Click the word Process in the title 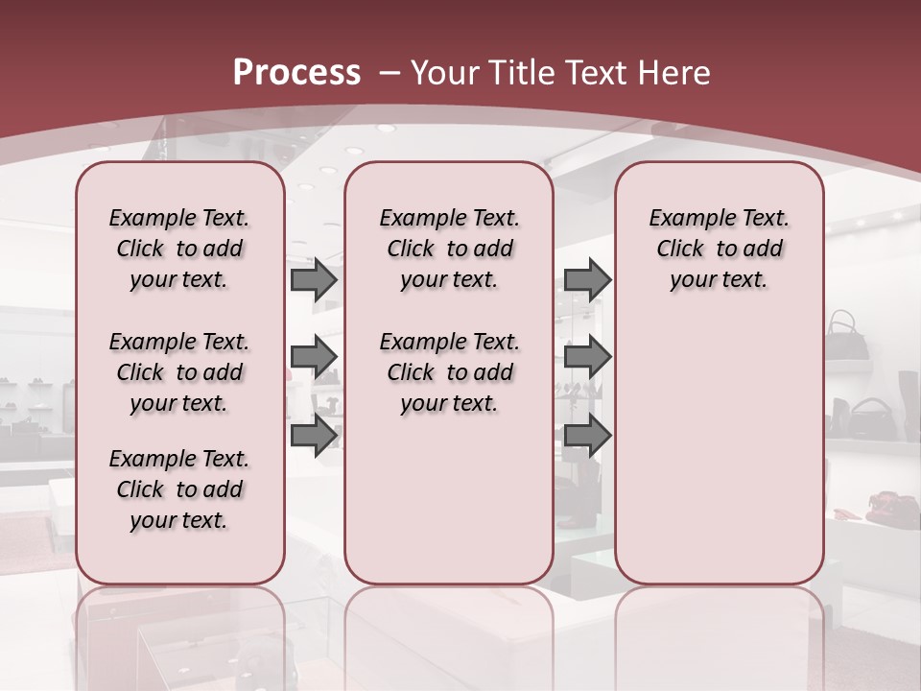(296, 72)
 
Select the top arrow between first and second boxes (314, 280)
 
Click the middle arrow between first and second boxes (314, 357)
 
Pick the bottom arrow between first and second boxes (314, 435)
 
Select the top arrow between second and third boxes (587, 280)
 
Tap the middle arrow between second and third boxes (587, 357)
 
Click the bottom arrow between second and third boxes (587, 435)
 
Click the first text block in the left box (179, 249)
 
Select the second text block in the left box (179, 372)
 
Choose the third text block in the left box (179, 489)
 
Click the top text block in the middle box (449, 249)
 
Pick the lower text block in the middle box (449, 372)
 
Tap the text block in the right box (719, 249)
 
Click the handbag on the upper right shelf (846, 335)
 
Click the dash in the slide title (390, 73)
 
